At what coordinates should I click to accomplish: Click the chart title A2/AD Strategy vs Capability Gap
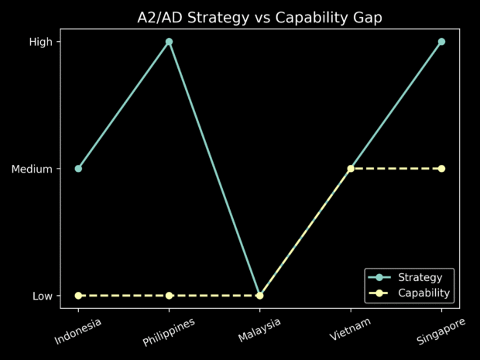[x=259, y=17]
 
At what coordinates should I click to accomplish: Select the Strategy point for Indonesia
[x=78, y=168]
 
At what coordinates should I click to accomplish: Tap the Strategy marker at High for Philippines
[x=169, y=41]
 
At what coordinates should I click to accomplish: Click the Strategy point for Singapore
[x=441, y=41]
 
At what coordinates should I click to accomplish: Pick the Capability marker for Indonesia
[x=78, y=295]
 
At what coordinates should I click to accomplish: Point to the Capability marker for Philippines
[x=169, y=295]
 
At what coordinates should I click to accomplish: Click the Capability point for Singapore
[x=441, y=168]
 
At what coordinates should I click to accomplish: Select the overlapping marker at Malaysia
[x=259, y=295]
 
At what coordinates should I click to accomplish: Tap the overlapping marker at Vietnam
[x=351, y=168]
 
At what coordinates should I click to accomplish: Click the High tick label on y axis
[x=40, y=42]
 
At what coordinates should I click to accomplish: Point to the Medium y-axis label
[x=32, y=169]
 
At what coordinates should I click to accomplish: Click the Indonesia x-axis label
[x=78, y=330]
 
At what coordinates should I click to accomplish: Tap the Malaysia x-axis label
[x=259, y=329]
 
